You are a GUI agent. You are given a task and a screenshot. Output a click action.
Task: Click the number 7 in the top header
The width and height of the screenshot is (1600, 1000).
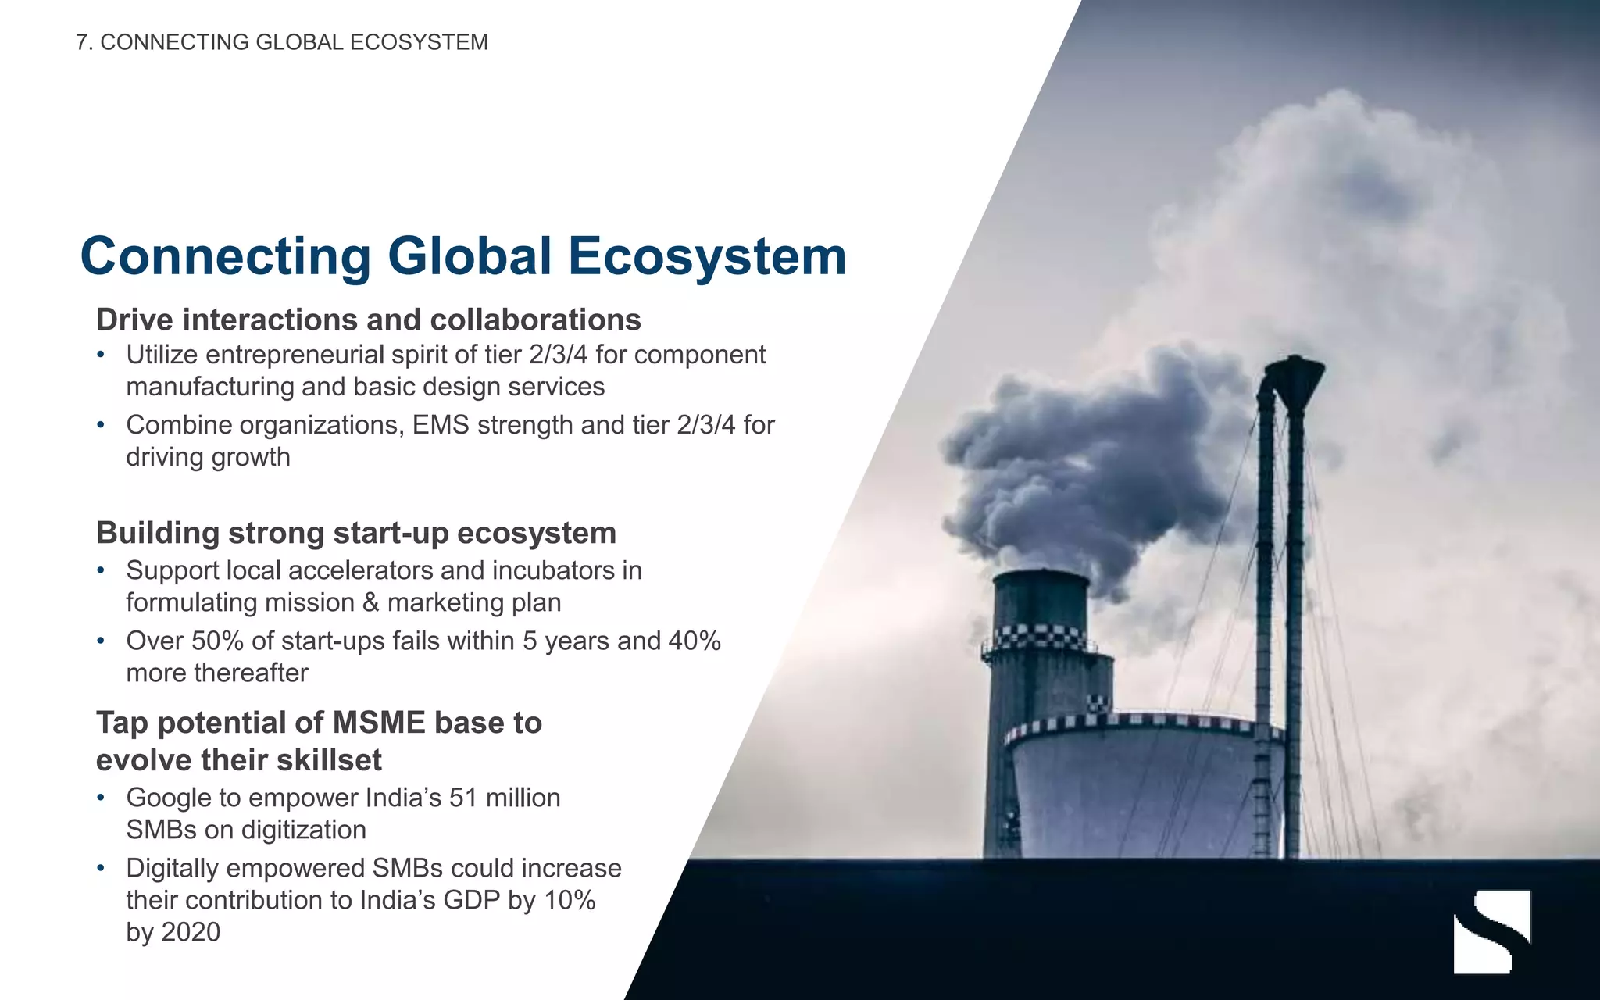point(81,42)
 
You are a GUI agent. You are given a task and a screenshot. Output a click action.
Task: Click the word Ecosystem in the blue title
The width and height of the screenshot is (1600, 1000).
point(707,256)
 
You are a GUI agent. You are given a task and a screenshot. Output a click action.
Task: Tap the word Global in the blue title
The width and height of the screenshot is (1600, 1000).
point(470,256)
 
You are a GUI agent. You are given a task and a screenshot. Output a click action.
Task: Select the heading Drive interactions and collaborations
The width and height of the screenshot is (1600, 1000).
point(368,320)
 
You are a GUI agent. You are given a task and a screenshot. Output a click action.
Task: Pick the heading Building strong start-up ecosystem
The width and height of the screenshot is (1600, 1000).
point(356,533)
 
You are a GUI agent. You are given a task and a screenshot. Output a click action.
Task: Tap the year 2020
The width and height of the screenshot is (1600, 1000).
point(189,932)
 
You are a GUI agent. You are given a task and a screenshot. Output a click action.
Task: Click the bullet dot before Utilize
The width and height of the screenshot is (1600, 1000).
point(100,355)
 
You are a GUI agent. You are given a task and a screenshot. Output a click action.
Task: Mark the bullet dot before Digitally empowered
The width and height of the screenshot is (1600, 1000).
point(100,869)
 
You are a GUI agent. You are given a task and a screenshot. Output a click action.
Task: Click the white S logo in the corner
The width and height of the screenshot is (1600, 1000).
point(1491,930)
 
